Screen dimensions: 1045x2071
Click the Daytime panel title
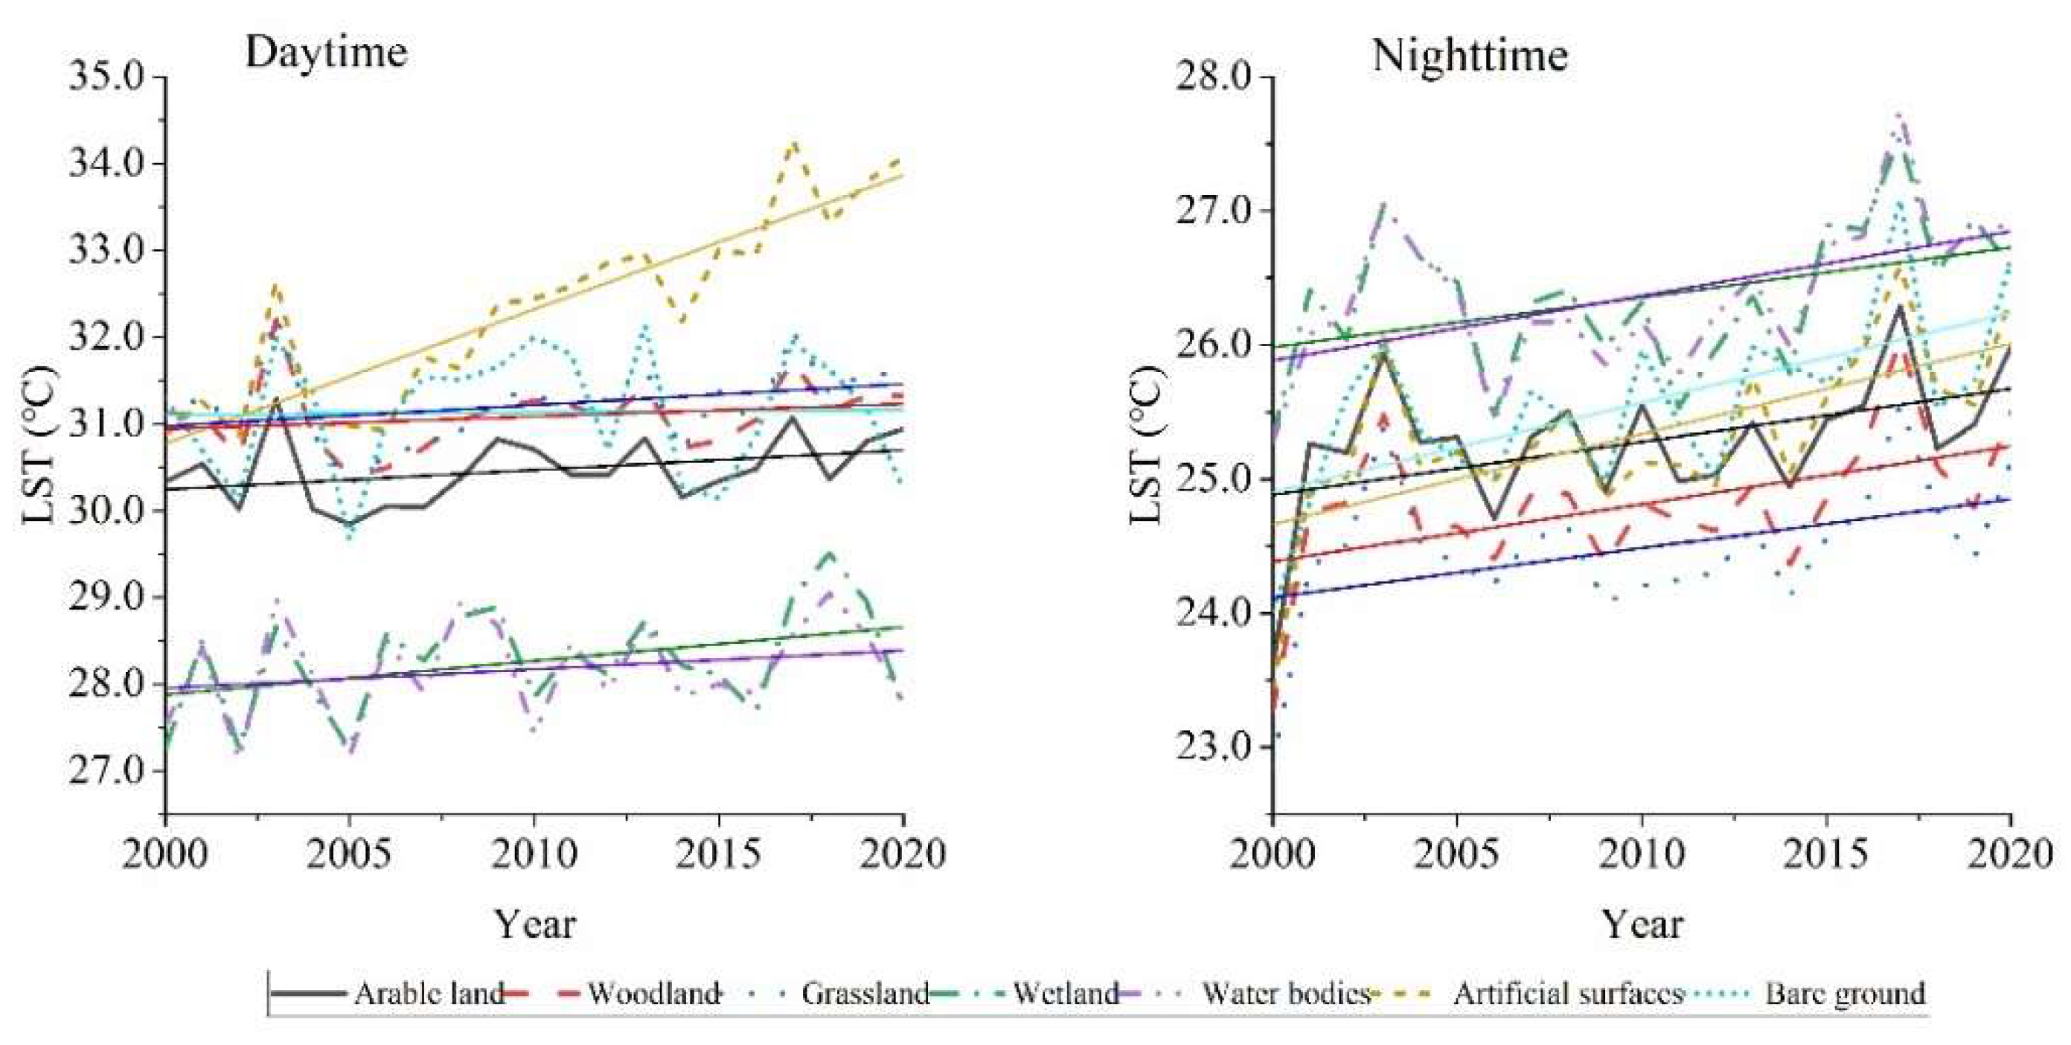click(x=326, y=53)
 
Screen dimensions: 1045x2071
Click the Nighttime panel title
click(x=1470, y=57)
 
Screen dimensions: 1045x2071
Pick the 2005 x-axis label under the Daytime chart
click(x=349, y=854)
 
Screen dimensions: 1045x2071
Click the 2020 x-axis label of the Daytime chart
click(x=902, y=854)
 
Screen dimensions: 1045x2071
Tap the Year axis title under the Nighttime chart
click(x=1642, y=924)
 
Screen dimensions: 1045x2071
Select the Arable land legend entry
click(x=428, y=994)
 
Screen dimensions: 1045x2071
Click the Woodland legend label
click(x=653, y=994)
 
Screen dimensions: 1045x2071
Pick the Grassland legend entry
click(x=865, y=994)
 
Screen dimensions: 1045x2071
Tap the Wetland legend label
click(x=1065, y=994)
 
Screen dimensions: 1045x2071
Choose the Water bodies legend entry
click(x=1285, y=994)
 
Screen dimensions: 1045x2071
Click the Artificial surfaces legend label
click(x=1568, y=994)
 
